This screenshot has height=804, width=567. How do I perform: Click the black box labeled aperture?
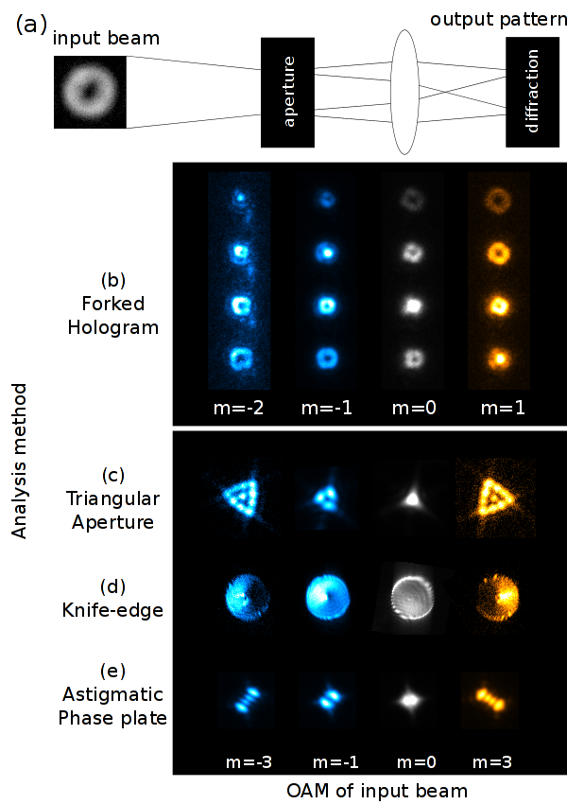click(287, 93)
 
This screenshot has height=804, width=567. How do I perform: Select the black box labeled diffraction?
click(532, 92)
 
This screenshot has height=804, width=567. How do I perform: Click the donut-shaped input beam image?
click(90, 93)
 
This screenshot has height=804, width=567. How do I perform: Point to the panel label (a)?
click(31, 25)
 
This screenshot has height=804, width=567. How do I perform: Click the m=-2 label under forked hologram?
click(239, 409)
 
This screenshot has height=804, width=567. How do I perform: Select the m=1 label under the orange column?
click(503, 409)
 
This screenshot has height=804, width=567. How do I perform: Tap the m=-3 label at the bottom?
click(249, 762)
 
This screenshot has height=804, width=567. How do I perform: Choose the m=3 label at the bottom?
click(491, 762)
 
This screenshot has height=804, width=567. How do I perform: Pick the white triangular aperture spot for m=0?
click(412, 498)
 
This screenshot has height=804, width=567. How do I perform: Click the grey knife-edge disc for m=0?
click(412, 599)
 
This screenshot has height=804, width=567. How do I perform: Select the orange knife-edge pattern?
click(497, 599)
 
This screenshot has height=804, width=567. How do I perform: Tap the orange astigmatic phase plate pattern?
click(490, 699)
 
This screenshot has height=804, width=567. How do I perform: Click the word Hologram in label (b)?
click(113, 328)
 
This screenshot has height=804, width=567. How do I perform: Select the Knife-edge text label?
click(112, 610)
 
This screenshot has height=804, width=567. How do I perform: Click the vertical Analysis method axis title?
click(20, 461)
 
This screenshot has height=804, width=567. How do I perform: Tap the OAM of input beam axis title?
click(377, 791)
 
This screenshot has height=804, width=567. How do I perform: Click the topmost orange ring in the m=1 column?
click(498, 200)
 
